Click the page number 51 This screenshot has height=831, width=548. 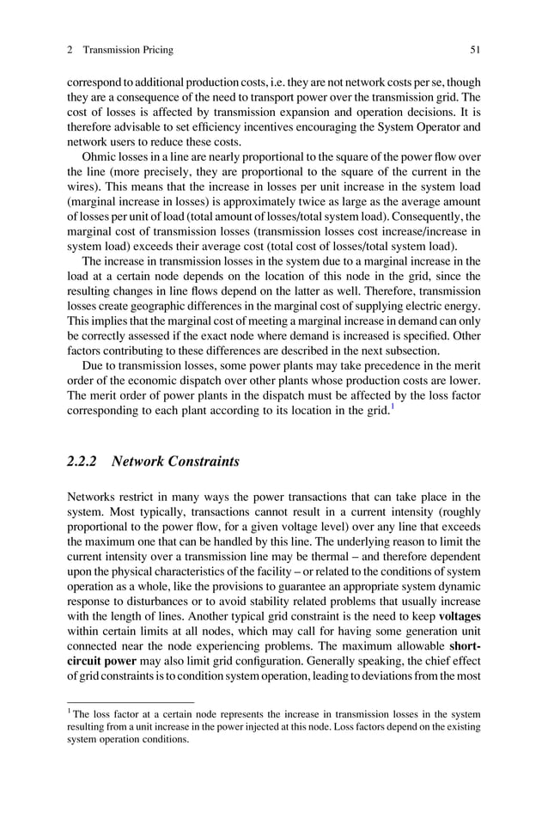[474, 50]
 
